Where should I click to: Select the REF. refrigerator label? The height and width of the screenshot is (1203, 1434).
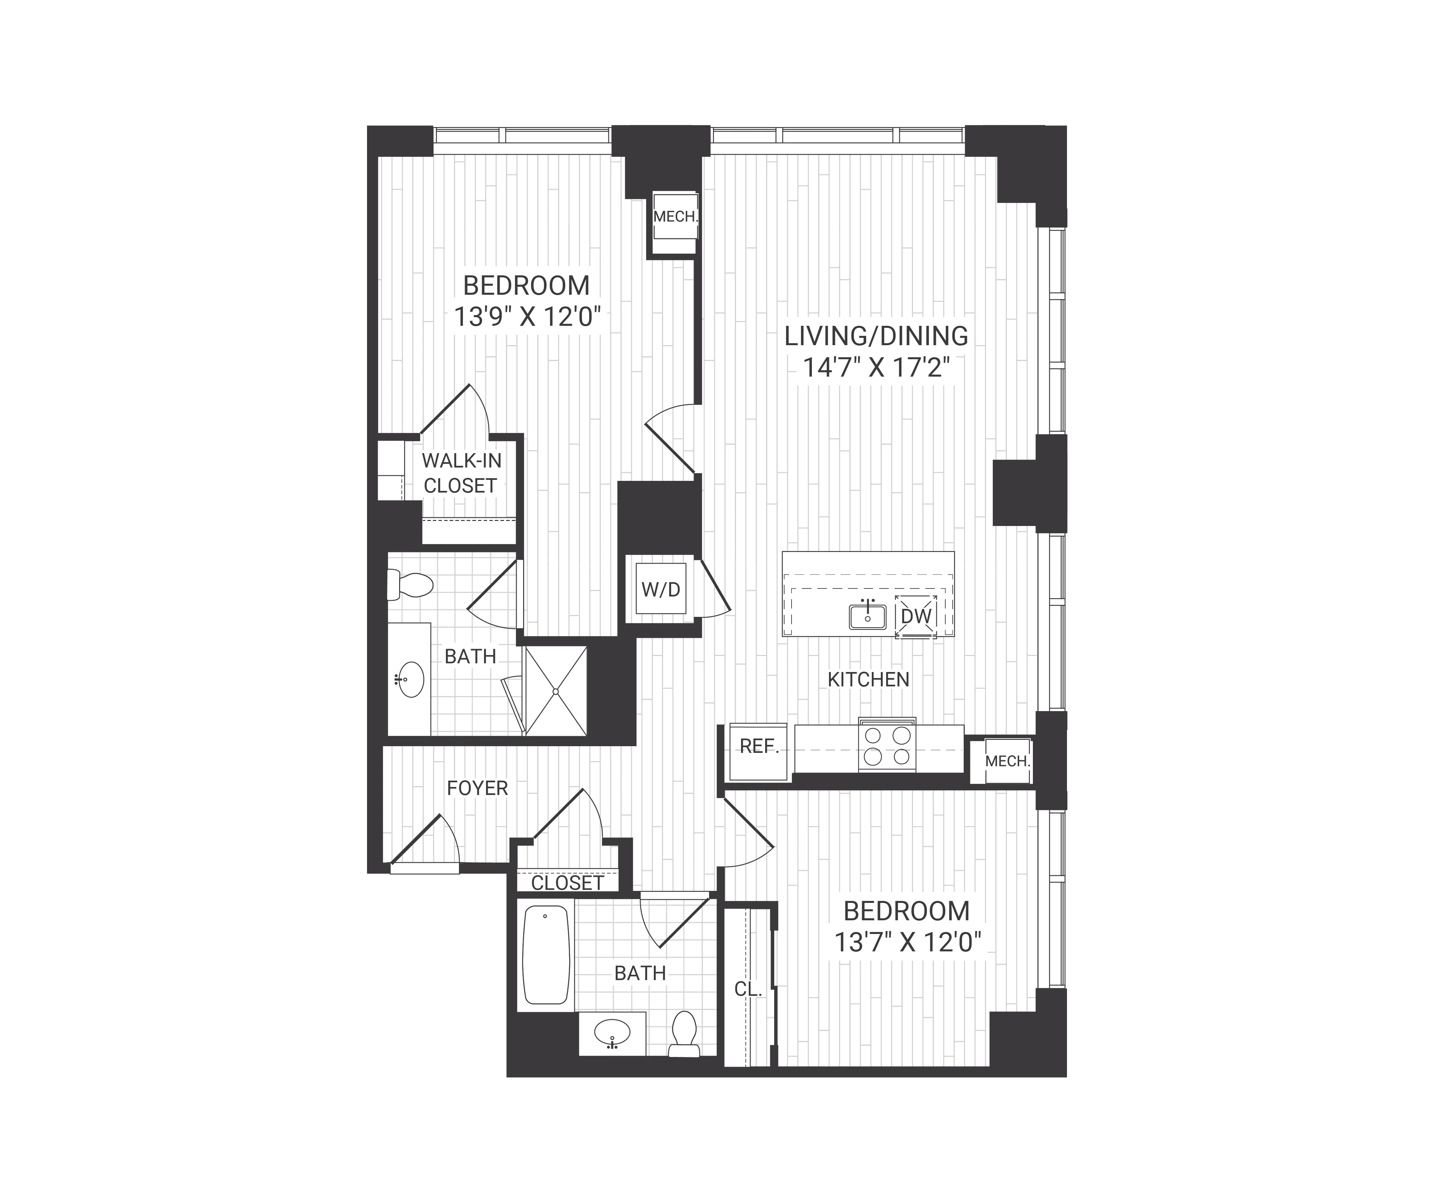point(759,747)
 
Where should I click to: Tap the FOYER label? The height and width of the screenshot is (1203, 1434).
point(477,789)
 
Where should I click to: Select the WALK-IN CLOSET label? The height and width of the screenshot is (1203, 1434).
point(461,473)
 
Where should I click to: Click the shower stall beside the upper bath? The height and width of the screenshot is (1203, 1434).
point(556,691)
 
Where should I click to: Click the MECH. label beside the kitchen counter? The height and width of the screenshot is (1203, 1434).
point(1007,761)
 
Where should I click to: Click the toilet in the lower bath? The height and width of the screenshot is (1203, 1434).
point(684,1034)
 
